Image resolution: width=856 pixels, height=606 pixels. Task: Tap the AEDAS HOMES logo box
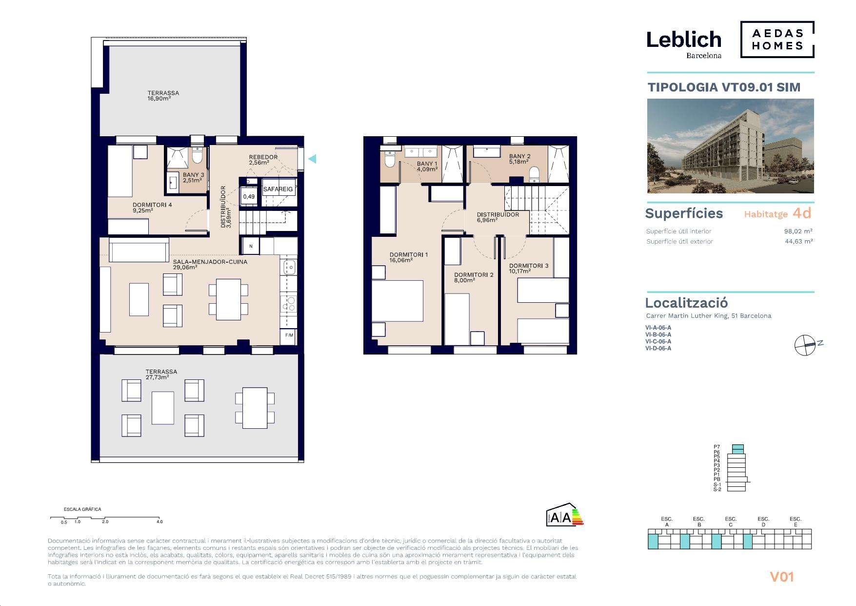click(x=777, y=40)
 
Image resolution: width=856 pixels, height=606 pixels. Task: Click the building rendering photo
click(x=730, y=146)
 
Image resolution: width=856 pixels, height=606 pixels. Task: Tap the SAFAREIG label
click(x=278, y=189)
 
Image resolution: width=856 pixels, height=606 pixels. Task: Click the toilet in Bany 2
click(x=535, y=173)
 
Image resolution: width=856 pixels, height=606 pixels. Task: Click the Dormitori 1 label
click(x=408, y=254)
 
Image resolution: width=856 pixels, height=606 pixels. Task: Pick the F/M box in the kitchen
click(x=289, y=335)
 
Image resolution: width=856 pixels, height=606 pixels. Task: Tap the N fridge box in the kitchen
click(x=251, y=246)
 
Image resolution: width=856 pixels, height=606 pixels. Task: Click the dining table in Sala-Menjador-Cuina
click(x=228, y=299)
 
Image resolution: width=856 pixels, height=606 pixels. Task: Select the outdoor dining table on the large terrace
click(x=255, y=408)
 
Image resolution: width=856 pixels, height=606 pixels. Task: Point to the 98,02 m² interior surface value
click(x=798, y=231)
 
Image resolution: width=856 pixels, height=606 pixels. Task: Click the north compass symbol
click(x=805, y=345)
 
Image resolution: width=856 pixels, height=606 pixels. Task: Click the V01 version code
click(x=782, y=577)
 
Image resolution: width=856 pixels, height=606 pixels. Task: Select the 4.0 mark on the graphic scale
click(x=159, y=522)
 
